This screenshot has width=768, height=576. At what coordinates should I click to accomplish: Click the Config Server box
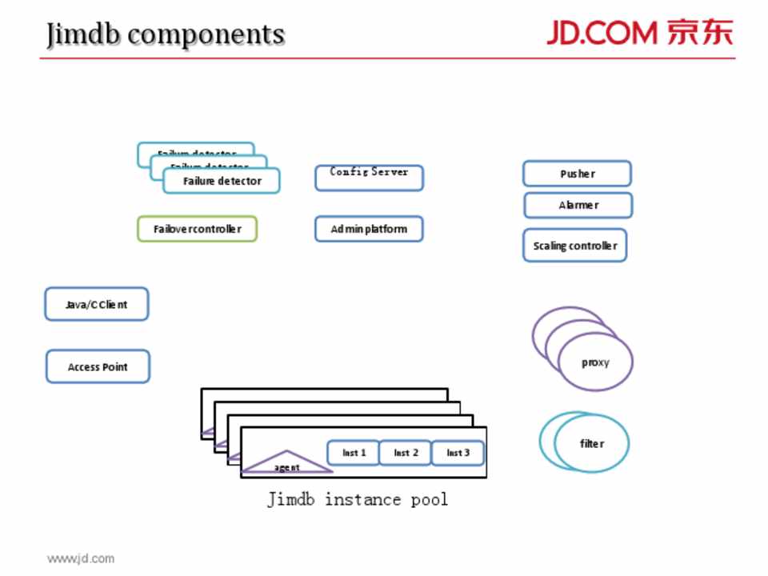(369, 178)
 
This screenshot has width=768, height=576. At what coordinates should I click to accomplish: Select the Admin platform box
(369, 229)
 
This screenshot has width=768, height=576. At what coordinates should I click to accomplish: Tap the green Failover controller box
(197, 229)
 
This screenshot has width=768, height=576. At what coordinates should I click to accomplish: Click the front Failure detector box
(222, 181)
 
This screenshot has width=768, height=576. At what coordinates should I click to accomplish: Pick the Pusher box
(577, 174)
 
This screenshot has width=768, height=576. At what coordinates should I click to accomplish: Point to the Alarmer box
(578, 205)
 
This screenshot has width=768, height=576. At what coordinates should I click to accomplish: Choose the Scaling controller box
(574, 246)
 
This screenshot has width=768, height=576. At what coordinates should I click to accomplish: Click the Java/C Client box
(96, 304)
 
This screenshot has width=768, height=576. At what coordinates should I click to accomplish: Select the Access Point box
(97, 366)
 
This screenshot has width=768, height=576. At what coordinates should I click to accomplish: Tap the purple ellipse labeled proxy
(595, 362)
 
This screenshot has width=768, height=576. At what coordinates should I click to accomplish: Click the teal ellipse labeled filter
(592, 443)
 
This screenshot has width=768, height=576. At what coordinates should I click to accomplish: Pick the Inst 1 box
(354, 453)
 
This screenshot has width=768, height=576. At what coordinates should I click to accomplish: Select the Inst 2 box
(406, 453)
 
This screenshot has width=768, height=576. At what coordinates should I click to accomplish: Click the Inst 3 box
(458, 453)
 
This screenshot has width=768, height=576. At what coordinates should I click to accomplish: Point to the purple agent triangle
(286, 463)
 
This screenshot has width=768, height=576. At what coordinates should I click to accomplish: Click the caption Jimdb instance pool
(358, 499)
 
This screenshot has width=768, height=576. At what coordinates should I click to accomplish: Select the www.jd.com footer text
(80, 558)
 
